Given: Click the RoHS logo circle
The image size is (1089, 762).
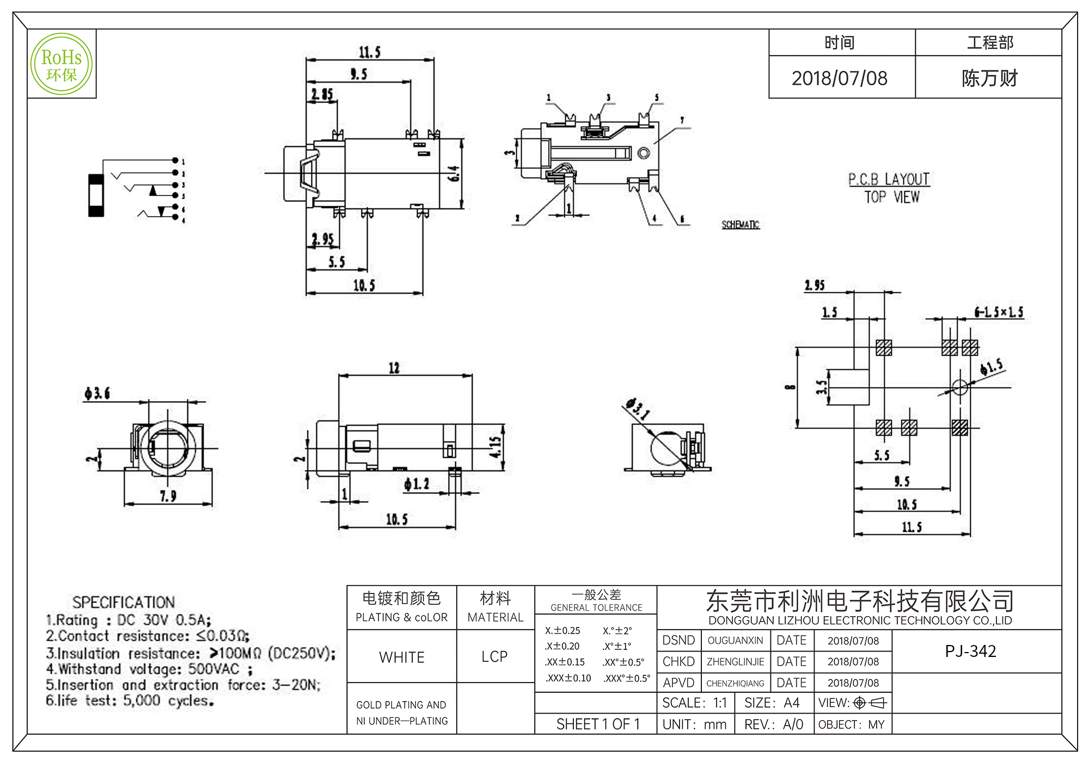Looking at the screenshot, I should tap(62, 64).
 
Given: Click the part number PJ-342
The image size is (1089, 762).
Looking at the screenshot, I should tap(970, 651).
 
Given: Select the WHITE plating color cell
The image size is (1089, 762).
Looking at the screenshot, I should tap(402, 657).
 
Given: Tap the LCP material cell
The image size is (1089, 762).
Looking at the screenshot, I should tap(494, 656).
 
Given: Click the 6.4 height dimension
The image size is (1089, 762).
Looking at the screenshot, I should tap(454, 174).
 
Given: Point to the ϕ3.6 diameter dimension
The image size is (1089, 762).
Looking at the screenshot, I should tap(97, 393).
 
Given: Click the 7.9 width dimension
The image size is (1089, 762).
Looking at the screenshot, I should tap(168, 496).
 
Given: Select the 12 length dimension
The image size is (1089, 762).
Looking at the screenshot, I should tap(394, 368).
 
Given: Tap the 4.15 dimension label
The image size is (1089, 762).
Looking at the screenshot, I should tap(495, 447).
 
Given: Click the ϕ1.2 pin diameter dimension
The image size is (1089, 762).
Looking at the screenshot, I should tap(417, 483).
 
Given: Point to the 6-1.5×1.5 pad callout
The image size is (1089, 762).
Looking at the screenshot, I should tap(999, 312).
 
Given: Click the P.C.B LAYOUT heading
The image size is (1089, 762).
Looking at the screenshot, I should tap(889, 179).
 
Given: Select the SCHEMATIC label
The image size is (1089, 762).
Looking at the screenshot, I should tap(740, 225).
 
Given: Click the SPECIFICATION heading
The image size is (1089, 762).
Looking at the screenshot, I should tap(124, 602).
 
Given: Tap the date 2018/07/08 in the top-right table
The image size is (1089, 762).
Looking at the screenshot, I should tap(839, 78).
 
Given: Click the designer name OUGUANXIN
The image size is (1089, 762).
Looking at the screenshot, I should tap(735, 641).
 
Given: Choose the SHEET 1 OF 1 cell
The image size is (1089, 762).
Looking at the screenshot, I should tap(597, 724).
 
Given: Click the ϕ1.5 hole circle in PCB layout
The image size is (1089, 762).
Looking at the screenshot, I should tap(959, 388).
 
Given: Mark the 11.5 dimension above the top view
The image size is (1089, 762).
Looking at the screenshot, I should tap(369, 52).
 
